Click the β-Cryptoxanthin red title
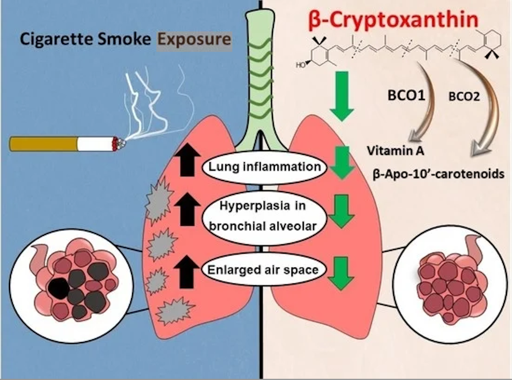pos(393,20)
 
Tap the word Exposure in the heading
pos(194,39)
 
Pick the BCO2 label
pos(464,97)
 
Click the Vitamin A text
pos(395,151)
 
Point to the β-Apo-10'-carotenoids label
pos(438,174)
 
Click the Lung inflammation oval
pos(264,167)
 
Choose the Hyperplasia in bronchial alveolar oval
pos(263,216)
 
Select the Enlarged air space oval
pos(263,270)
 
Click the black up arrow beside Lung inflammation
pos(186,161)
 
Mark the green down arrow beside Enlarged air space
pos(341,273)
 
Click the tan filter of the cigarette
pos(43,144)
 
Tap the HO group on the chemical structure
pos(301,65)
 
